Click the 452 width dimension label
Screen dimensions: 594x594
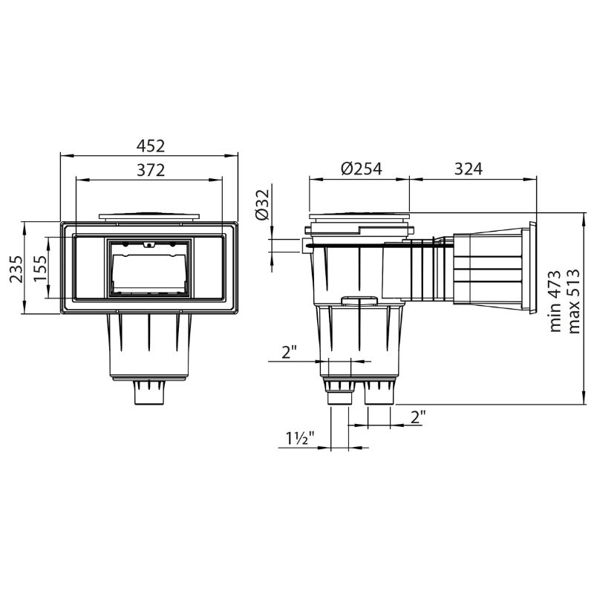tap(151, 146)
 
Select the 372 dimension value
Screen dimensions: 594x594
tap(151, 171)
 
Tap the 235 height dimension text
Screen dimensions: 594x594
tap(16, 269)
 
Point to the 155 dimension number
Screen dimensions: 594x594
tap(40, 268)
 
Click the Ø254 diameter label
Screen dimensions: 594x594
tap(362, 169)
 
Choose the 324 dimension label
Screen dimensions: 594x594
tap(469, 169)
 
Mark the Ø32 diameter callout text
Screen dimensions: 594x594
tap(262, 204)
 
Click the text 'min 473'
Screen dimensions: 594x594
tap(555, 301)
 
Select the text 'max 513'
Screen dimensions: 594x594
tap(574, 301)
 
